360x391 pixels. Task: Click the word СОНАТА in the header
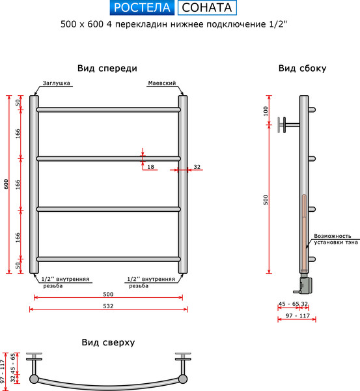[206, 8]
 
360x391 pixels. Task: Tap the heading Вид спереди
[107, 68]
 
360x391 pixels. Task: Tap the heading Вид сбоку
[302, 68]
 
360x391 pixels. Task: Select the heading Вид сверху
[108, 342]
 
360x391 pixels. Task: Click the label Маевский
[162, 84]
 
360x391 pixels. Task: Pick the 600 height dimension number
[6, 184]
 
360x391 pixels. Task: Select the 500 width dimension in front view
[107, 293]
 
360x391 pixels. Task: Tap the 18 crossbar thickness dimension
[151, 167]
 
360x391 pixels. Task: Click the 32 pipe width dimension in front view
[197, 167]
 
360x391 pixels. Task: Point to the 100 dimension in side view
[266, 110]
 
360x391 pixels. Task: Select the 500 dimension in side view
[266, 199]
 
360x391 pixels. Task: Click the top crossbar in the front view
[108, 109]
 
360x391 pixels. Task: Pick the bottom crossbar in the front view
[108, 259]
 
